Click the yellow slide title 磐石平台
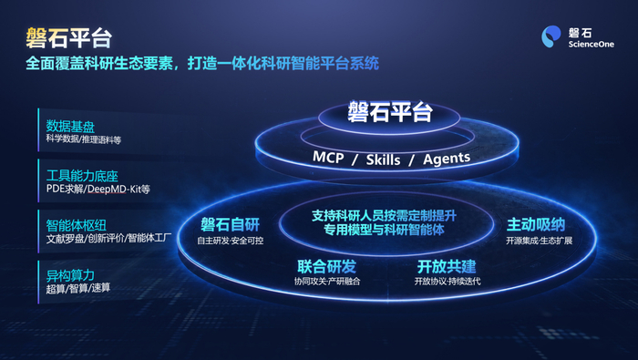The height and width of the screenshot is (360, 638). [x=68, y=38]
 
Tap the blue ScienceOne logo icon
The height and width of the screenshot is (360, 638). [x=551, y=36]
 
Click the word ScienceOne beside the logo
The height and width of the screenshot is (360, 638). [x=592, y=44]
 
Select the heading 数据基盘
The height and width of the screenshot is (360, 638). [x=70, y=126]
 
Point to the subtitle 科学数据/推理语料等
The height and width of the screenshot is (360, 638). [x=84, y=139]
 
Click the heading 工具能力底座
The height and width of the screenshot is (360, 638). [x=82, y=176]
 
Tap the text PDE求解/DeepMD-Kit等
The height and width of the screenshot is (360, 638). [x=98, y=189]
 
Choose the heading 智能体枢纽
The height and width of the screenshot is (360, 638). [x=76, y=225]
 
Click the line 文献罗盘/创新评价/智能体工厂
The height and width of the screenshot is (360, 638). [x=108, y=238]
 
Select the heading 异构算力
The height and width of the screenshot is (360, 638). [x=70, y=275]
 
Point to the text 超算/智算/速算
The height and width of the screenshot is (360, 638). [x=78, y=288]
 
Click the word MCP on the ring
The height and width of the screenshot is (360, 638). [x=328, y=158]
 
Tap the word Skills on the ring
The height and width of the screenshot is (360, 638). [x=383, y=159]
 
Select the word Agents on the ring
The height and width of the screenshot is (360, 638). [x=447, y=159]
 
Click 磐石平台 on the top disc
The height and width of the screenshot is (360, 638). [x=389, y=111]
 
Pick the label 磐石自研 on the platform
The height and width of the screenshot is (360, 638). [x=230, y=224]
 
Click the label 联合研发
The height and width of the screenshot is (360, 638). [x=326, y=267]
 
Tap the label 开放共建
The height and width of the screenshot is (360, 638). [x=447, y=267]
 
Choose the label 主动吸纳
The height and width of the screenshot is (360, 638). [x=536, y=224]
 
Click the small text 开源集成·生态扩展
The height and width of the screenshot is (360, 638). [x=540, y=241]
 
